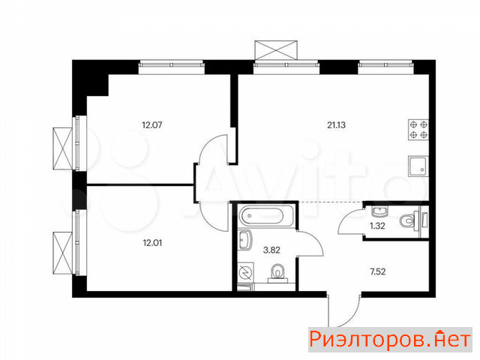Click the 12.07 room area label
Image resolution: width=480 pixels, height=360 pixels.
click(152, 125)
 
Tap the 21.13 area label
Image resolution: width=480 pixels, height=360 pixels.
click(337, 125)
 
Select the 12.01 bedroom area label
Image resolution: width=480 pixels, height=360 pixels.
click(152, 243)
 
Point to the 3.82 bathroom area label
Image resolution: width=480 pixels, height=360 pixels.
click(271, 250)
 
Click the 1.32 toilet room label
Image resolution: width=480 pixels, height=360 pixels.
click(377, 226)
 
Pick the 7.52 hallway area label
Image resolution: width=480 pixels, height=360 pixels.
click(378, 271)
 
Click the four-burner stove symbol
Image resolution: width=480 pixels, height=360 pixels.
click(418, 130)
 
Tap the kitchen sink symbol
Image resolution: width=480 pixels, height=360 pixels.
click(418, 166)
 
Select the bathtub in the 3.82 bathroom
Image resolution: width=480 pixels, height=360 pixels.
click(266, 216)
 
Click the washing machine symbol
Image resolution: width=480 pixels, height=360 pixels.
click(246, 272)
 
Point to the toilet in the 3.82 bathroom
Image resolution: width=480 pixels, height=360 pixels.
click(278, 273)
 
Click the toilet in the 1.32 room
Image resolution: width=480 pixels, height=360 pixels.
click(409, 220)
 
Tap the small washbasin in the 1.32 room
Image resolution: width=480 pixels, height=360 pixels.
click(379, 211)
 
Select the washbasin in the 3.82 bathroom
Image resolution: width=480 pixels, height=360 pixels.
click(245, 240)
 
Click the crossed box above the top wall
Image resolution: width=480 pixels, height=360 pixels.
click(276, 49)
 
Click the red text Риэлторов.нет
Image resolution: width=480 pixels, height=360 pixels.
click(390, 340)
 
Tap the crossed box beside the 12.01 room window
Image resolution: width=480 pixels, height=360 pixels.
click(62, 253)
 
